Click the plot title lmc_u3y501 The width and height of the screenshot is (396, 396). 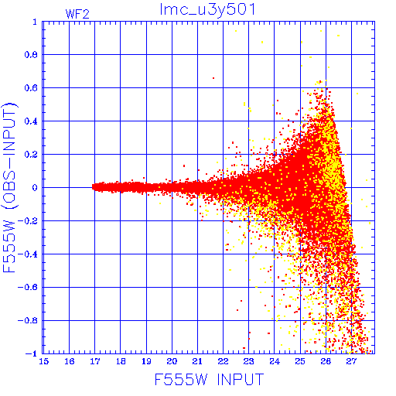207,10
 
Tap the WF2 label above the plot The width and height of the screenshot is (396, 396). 77,14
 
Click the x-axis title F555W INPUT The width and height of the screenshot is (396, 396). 209,380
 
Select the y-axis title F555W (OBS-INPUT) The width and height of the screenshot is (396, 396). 9,187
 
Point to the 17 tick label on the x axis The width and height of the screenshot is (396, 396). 95,361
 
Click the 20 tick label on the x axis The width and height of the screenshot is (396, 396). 172,361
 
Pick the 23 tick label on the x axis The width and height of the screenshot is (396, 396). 248,361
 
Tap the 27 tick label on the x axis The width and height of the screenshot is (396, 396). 351,361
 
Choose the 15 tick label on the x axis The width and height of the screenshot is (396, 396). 44,361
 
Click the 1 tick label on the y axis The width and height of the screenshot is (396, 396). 35,22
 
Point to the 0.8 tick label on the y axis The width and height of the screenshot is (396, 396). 31,55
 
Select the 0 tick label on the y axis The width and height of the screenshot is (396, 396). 35,187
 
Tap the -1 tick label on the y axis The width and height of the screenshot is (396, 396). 32,353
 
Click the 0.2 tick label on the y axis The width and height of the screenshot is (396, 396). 31,155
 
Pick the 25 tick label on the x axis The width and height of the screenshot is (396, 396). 300,361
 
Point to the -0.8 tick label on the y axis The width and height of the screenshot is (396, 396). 28,320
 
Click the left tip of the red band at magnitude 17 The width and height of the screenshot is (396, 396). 92,187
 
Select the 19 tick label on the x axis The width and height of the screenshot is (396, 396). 146,361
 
